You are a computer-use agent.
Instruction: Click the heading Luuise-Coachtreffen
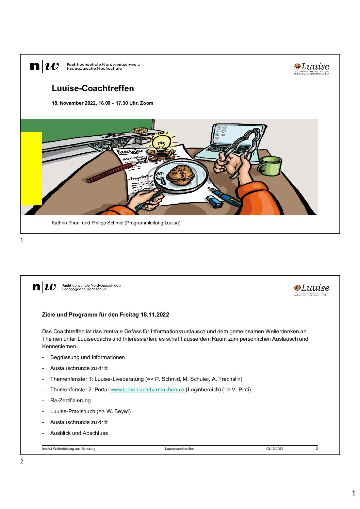pos(93,88)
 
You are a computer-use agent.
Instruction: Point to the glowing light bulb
pos(161,142)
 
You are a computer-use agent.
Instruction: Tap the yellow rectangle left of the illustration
pos(31,168)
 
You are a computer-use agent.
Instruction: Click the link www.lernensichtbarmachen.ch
pos(147,390)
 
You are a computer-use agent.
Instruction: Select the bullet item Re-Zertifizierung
pos(70,401)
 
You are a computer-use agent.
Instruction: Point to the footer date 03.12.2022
pos(275,449)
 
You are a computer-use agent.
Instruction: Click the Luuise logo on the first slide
pos(311,68)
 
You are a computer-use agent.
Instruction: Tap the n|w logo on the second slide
pos(44,287)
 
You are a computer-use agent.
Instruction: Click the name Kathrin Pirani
pos(66,223)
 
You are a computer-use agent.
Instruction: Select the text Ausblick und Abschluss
pos(79,433)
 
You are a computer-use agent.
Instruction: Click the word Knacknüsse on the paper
pos(130,151)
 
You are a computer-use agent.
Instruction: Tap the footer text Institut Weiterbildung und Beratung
pos(69,449)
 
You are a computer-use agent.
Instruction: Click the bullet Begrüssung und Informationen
pos(87,357)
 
